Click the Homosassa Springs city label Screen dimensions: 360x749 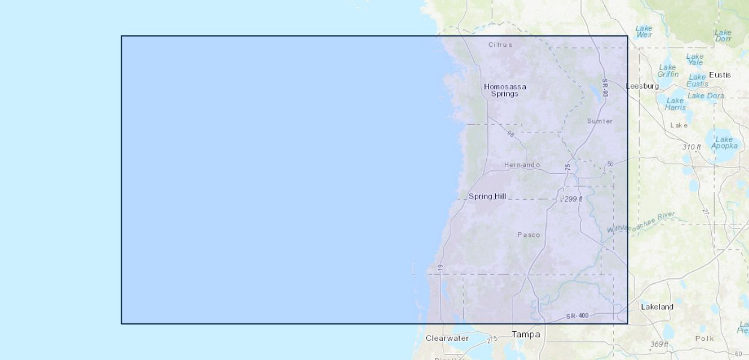[x=505, y=90]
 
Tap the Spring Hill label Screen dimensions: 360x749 [x=487, y=196]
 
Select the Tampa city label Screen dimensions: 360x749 [x=526, y=334]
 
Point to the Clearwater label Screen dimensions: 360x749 [x=447, y=338]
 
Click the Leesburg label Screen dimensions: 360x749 [x=642, y=86]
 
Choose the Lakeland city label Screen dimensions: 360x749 [x=657, y=307]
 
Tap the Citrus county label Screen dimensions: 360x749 [x=500, y=44]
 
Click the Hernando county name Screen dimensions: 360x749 [x=522, y=165]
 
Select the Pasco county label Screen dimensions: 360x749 [x=529, y=235]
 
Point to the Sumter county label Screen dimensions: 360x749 [x=600, y=121]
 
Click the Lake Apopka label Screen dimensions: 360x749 [x=724, y=143]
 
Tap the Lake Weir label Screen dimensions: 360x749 [x=644, y=31]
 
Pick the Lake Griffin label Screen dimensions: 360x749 [x=667, y=71]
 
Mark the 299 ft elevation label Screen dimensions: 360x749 [x=573, y=199]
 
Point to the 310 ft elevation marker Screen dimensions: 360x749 [x=691, y=147]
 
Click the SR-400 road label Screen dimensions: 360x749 [x=577, y=316]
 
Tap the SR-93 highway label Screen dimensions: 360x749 [x=605, y=88]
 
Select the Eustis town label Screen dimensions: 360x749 [x=720, y=75]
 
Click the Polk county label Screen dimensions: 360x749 [x=705, y=338]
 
